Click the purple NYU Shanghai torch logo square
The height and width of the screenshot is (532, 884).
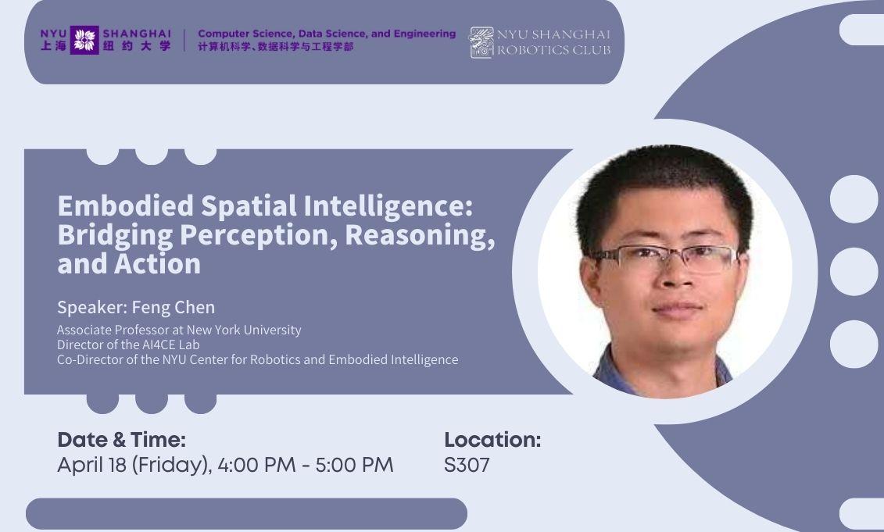coord(84,40)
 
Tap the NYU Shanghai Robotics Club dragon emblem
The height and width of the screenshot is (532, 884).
coord(481,42)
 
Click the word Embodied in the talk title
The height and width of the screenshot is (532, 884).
coord(126,206)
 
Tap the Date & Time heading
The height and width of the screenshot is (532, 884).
coord(121,440)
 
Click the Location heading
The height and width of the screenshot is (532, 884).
coord(492,440)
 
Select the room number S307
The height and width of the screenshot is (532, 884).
coord(467,466)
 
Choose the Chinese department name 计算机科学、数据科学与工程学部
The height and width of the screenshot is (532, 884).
coord(275,47)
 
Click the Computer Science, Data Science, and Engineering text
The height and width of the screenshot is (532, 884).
coord(327,34)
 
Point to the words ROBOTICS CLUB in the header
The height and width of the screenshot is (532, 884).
coord(553,50)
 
